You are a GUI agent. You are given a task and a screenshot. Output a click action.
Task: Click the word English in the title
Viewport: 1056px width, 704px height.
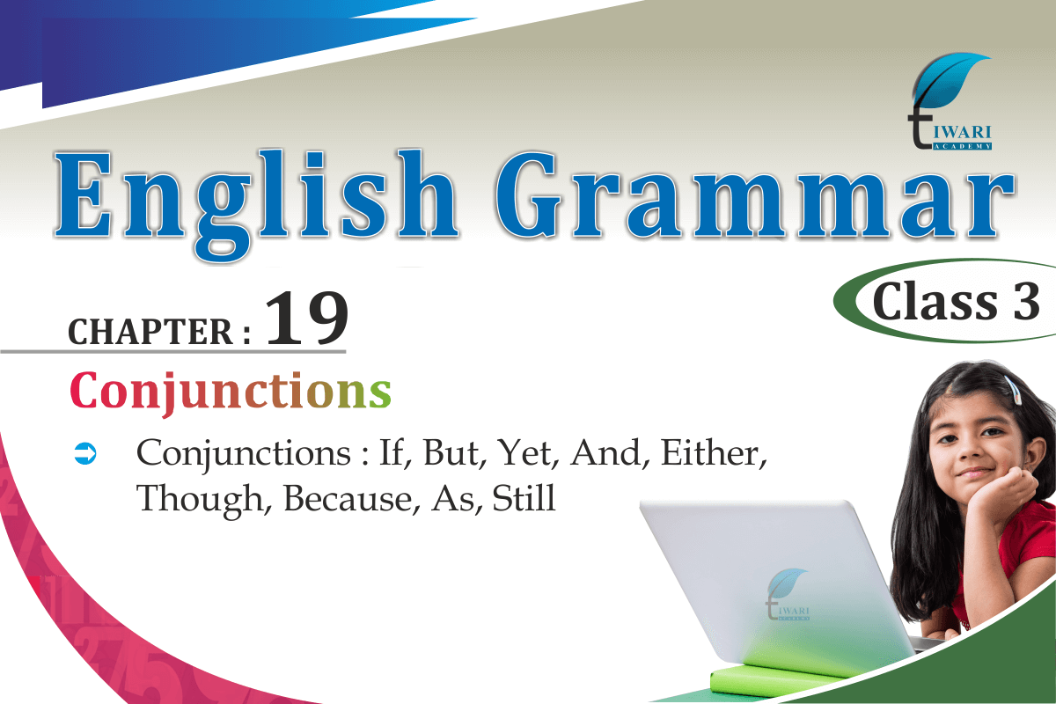tap(257, 205)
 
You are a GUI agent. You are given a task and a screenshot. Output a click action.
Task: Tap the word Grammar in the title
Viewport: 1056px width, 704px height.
tap(754, 194)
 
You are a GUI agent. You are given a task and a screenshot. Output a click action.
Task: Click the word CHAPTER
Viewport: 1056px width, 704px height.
tap(150, 332)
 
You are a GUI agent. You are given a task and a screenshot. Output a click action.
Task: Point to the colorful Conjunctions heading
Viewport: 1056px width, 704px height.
tap(231, 392)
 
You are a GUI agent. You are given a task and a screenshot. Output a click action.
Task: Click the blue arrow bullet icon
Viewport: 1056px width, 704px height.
tap(85, 453)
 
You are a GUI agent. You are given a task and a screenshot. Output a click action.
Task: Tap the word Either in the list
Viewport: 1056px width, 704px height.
tap(714, 453)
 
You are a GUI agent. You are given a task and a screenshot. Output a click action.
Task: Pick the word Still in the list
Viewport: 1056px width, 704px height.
tap(524, 498)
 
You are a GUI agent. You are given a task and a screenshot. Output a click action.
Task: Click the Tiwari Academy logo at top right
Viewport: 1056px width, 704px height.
tap(950, 101)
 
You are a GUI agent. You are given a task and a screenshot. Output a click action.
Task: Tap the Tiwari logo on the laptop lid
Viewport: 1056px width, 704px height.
tap(788, 594)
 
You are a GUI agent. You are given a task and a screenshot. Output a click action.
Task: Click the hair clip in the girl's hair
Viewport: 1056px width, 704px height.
tap(1012, 390)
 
